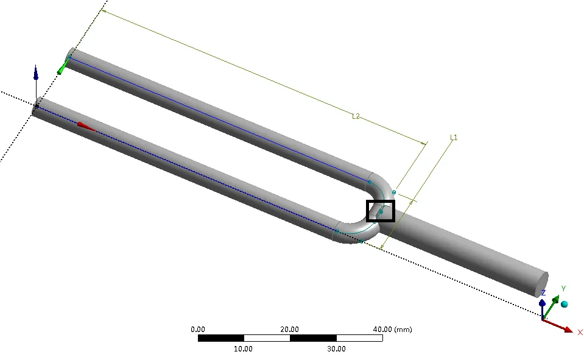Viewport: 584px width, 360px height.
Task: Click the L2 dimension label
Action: pos(356,116)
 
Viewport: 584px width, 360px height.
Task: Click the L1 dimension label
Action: pos(453,138)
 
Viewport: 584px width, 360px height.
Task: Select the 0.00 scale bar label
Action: pos(198,330)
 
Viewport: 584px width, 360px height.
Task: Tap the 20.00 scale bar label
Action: pos(289,330)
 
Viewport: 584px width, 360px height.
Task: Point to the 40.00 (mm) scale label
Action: pos(393,330)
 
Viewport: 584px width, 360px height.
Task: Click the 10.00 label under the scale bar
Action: pos(243,349)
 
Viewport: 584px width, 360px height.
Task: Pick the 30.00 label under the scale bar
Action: pos(336,349)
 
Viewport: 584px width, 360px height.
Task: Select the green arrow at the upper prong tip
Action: pos(63,67)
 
